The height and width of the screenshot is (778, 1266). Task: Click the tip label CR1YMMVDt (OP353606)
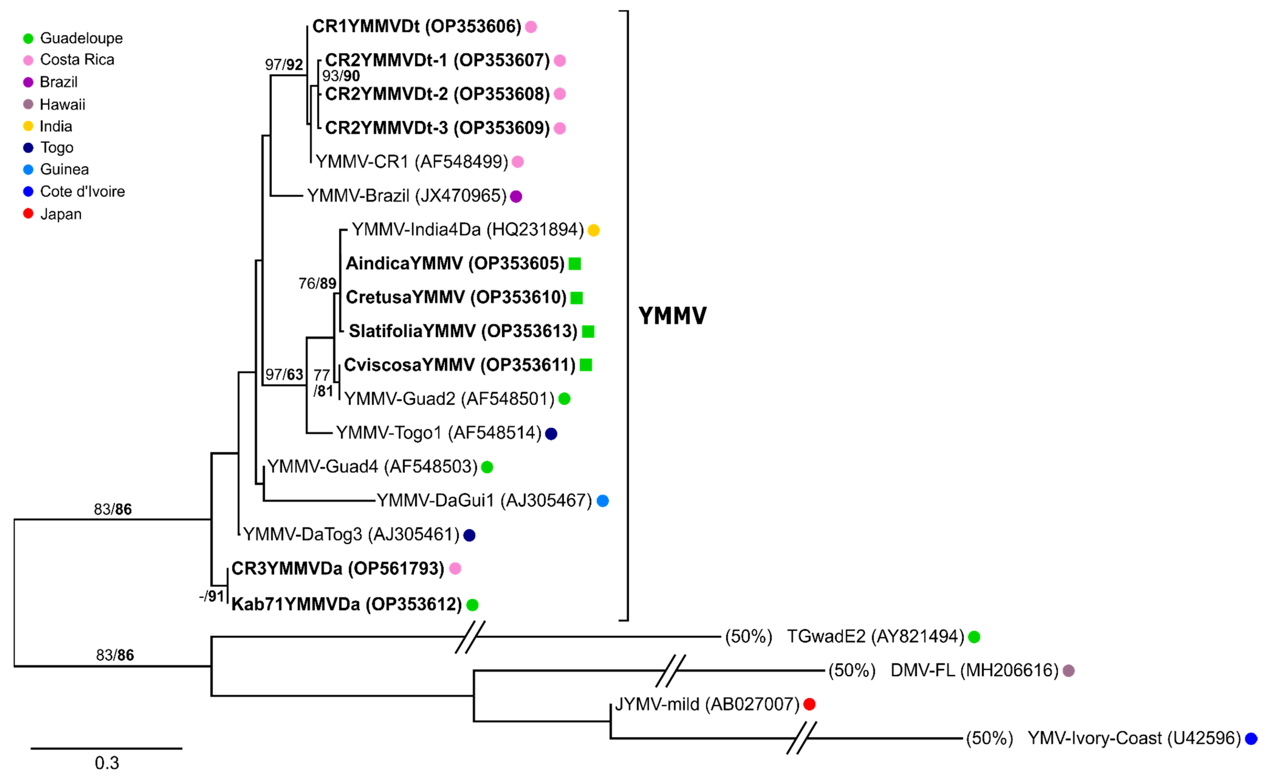(417, 26)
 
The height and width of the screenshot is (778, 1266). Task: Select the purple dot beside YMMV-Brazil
(516, 196)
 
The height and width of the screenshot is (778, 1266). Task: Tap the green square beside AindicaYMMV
(574, 263)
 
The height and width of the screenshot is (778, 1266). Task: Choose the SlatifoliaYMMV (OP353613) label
(463, 331)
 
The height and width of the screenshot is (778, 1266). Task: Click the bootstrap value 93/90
(340, 76)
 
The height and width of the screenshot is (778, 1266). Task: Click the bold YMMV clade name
(672, 315)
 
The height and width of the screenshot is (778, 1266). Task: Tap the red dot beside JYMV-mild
(809, 704)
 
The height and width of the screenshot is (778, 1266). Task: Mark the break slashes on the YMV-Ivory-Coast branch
(801, 738)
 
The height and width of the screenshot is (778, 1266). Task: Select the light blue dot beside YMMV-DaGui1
(602, 501)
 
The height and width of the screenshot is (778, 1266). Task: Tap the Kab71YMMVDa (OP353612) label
(346, 604)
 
